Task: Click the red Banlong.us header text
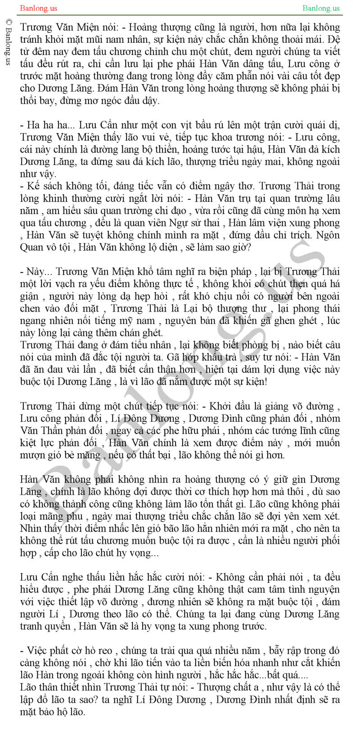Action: pos(39,8)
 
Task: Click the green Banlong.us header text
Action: pos(321,8)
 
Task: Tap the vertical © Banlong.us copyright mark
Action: pos(8,42)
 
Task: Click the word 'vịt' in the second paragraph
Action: pos(169,125)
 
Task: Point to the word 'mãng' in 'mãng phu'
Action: pos(52,516)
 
